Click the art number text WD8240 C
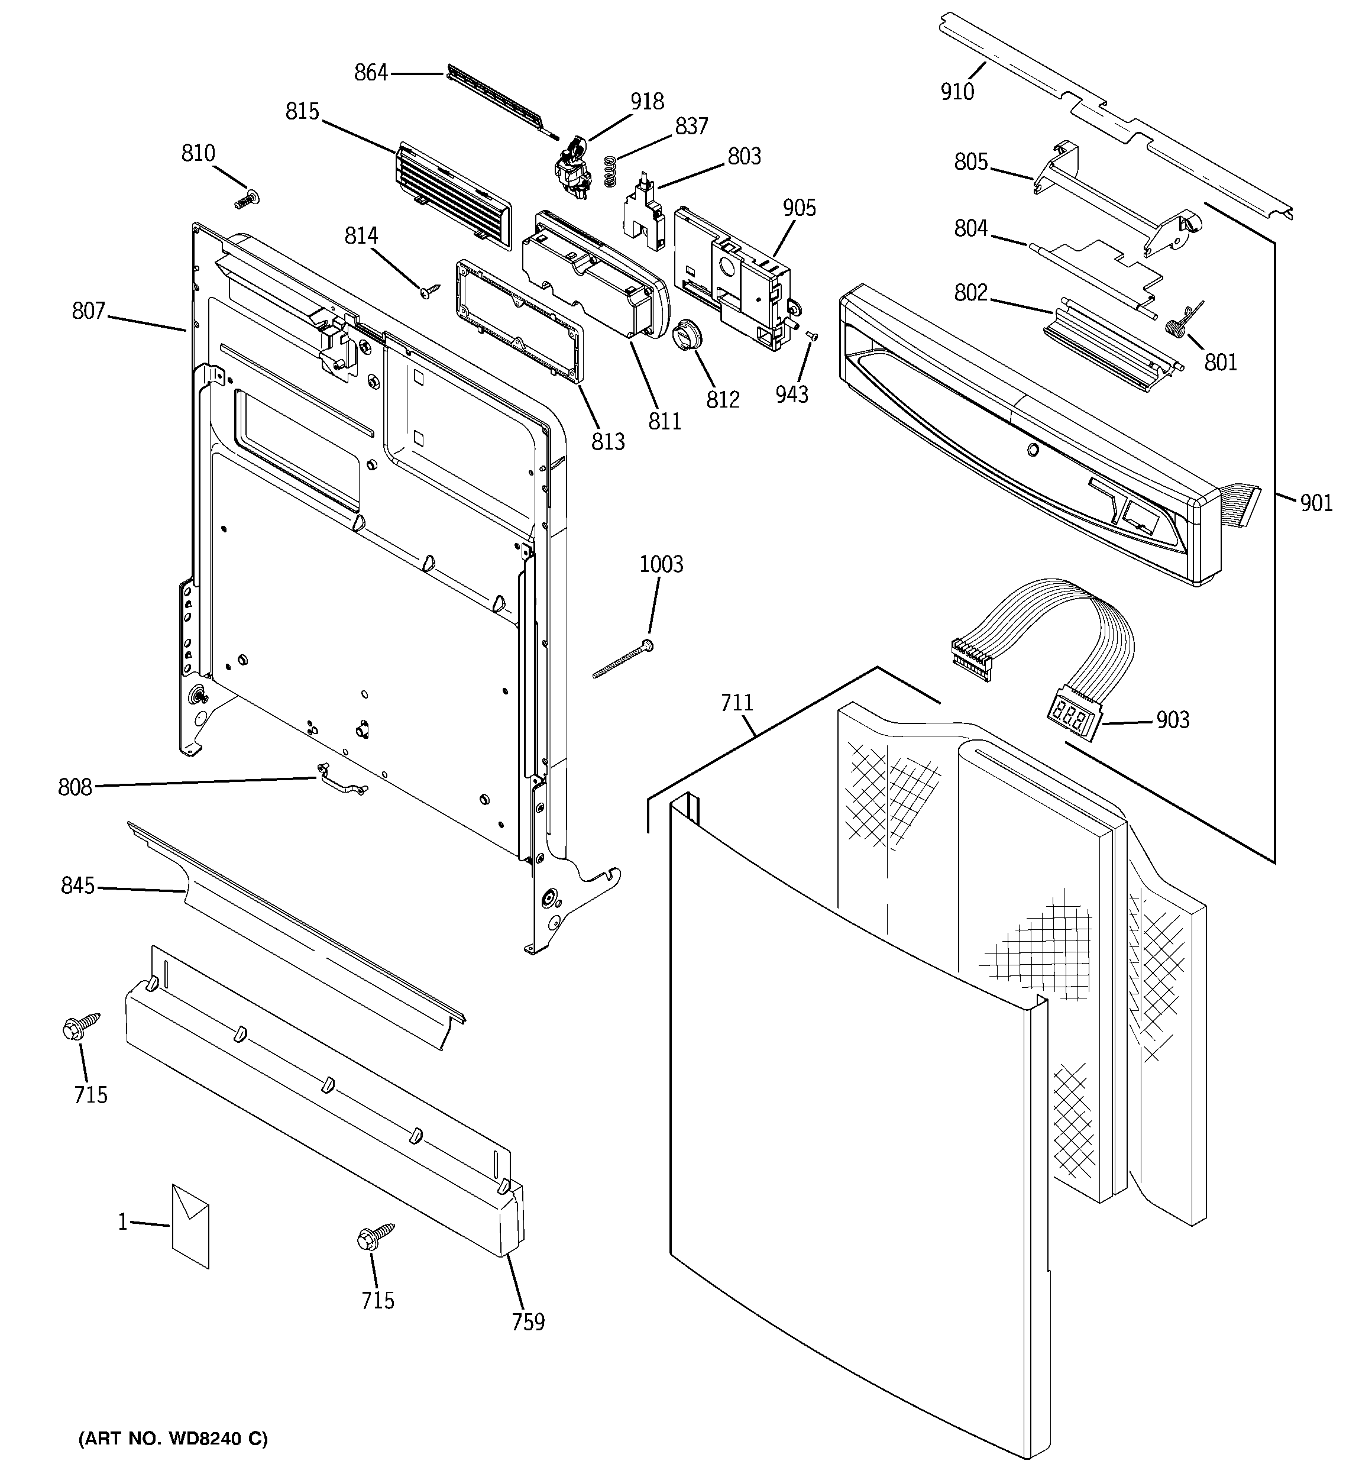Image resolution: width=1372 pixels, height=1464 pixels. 173,1438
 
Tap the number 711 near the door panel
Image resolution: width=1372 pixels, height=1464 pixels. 736,703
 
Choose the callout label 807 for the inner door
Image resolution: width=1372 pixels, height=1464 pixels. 88,312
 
